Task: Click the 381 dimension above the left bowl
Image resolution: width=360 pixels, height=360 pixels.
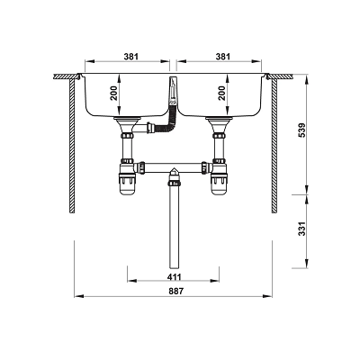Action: tap(131, 57)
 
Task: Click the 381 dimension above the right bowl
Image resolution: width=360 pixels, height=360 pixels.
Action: tap(223, 57)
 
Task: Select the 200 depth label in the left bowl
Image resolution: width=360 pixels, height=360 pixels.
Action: tap(114, 94)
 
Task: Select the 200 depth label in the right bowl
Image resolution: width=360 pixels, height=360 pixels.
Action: tap(221, 94)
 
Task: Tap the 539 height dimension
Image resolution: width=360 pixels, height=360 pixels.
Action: tap(302, 130)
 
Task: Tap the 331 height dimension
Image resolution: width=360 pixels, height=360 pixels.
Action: tap(302, 229)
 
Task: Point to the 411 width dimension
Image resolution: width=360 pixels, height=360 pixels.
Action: tap(174, 276)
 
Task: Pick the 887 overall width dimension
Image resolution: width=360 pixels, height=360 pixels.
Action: tap(175, 291)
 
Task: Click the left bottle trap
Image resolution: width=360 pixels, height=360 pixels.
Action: tap(127, 179)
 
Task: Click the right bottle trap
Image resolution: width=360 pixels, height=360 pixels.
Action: tap(219, 179)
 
